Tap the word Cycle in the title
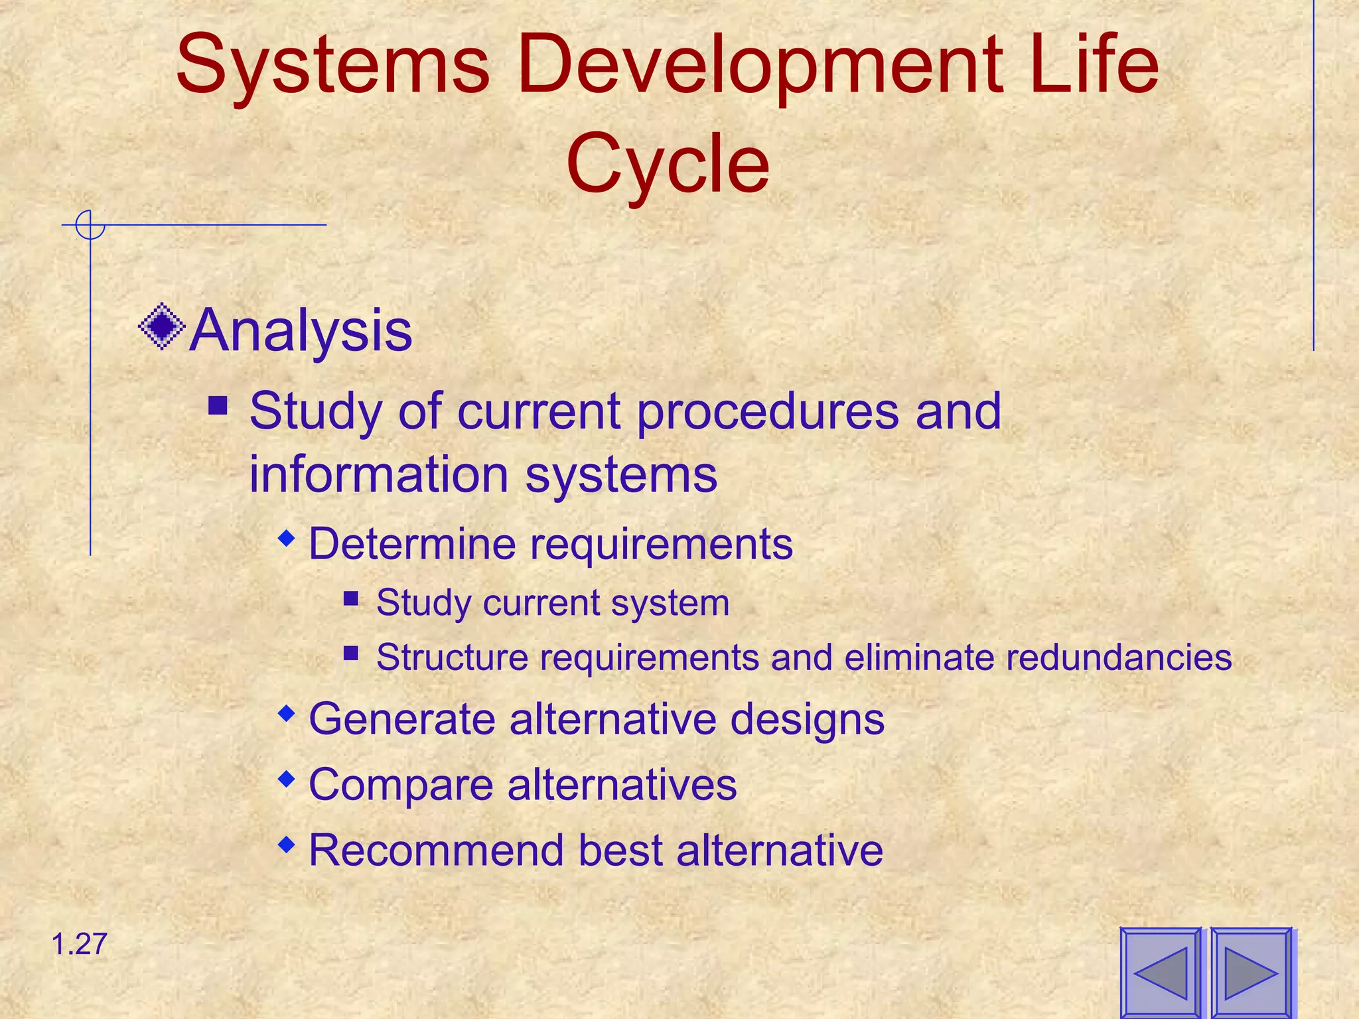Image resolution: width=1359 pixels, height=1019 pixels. pyautogui.click(x=668, y=163)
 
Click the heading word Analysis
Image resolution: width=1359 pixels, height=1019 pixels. pyautogui.click(x=301, y=330)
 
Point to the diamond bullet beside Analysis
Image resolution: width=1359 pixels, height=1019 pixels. pyautogui.click(x=161, y=326)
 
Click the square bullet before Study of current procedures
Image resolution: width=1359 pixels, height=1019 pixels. pyautogui.click(x=218, y=405)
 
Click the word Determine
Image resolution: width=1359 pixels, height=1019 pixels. pyautogui.click(x=411, y=544)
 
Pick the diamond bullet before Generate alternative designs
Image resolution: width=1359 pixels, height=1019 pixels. pyautogui.click(x=286, y=713)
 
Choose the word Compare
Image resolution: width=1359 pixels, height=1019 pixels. pyautogui.click(x=401, y=785)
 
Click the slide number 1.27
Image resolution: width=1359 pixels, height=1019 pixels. pyautogui.click(x=79, y=944)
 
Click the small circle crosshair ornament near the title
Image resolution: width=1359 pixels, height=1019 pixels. pyautogui.click(x=90, y=225)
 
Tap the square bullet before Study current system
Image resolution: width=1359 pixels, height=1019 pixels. pyautogui.click(x=351, y=599)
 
